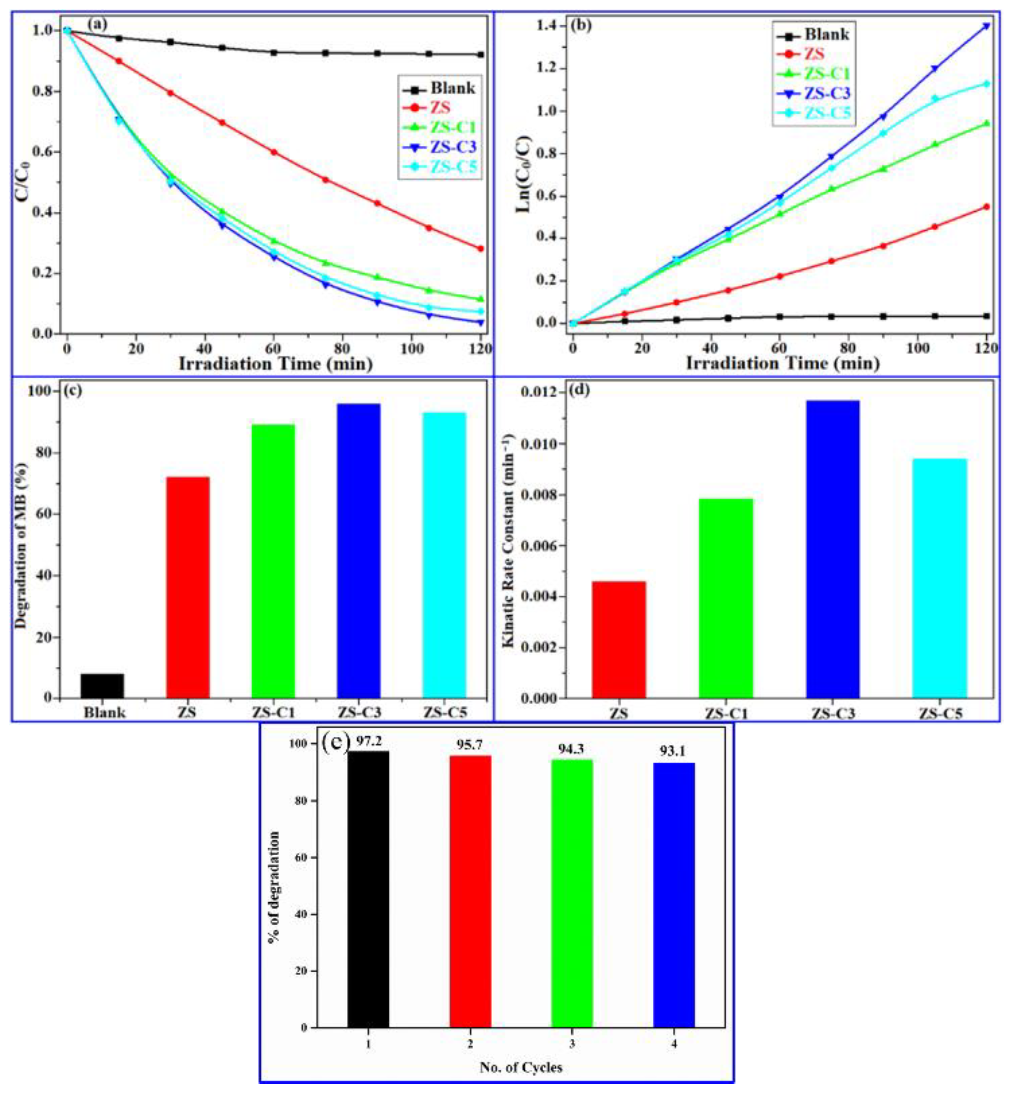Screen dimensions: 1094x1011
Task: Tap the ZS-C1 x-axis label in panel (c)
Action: [x=273, y=713]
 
